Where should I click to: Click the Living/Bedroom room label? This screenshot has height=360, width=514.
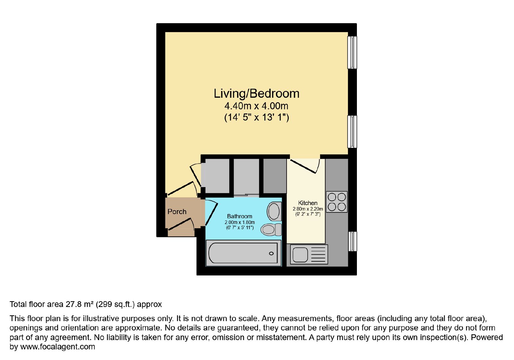tap(257, 94)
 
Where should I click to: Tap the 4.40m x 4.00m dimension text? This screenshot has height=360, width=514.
tap(256, 106)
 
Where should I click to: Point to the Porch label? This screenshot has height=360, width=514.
tap(177, 212)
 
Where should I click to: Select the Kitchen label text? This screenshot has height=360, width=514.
tap(308, 203)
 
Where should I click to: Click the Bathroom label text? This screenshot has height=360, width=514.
tap(240, 216)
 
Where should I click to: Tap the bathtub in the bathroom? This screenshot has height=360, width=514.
tap(244, 253)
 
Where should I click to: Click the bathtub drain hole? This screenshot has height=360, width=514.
tap(271, 254)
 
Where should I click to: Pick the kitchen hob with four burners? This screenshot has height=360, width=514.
tap(337, 202)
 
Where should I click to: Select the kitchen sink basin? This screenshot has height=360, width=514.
tap(300, 255)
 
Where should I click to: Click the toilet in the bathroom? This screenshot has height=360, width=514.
tap(271, 230)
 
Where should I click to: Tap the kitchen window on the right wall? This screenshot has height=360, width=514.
tap(352, 241)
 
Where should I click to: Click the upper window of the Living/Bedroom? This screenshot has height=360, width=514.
tap(352, 53)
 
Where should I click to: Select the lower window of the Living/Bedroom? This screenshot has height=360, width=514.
tap(352, 131)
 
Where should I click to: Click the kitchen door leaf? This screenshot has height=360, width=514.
tap(303, 166)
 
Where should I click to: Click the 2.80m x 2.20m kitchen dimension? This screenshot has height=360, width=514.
tap(308, 209)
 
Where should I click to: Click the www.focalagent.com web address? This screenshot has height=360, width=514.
tap(58, 346)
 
